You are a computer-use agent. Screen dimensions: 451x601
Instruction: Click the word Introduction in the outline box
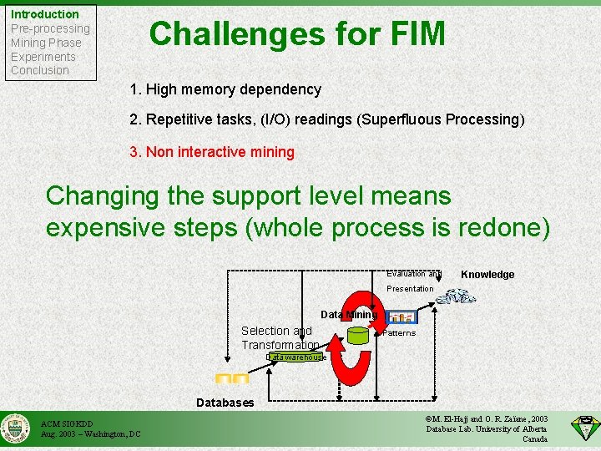45,14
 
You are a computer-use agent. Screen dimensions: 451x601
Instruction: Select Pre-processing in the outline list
50,28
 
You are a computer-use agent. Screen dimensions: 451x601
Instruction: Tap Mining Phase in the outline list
46,43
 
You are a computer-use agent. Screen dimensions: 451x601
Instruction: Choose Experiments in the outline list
43,57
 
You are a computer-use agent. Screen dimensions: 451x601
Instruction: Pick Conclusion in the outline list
40,70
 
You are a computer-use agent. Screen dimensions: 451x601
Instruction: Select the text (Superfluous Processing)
441,119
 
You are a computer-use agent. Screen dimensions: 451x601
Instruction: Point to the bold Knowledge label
487,275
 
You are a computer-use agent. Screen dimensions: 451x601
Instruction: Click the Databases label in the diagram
225,403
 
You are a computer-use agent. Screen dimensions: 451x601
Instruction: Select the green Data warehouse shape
295,357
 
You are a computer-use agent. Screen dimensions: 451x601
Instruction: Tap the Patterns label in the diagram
399,333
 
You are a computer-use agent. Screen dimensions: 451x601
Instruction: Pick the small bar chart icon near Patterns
402,317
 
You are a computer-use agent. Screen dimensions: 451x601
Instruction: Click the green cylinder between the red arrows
359,336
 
